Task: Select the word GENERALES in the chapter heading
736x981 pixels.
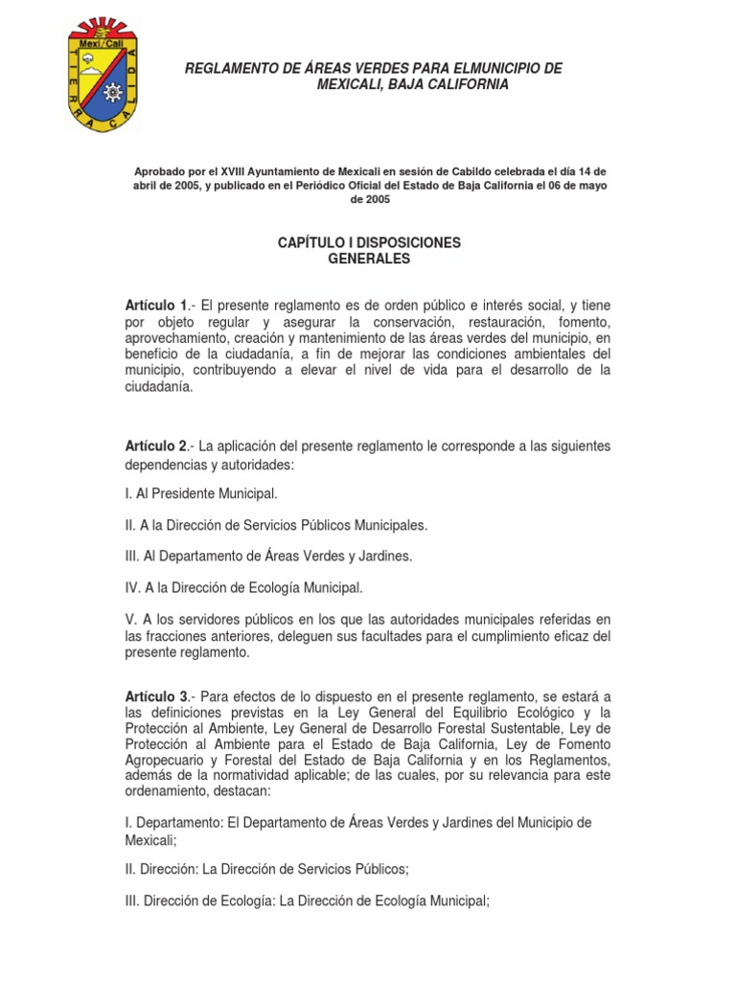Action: (368, 259)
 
